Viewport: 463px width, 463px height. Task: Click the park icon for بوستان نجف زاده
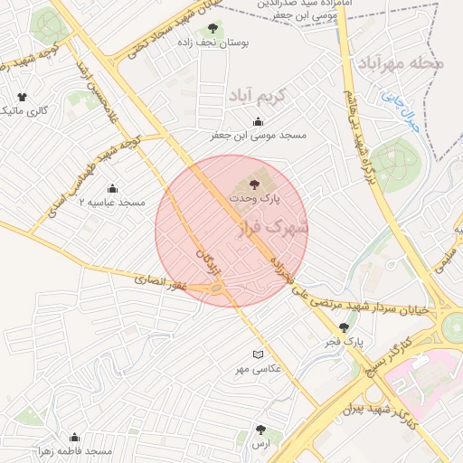[213, 28]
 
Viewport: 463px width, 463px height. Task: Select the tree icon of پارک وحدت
[266, 184]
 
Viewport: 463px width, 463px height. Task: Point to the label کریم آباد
[256, 94]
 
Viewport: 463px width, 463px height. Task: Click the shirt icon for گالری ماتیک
[23, 97]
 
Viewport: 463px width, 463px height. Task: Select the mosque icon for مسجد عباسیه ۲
[112, 188]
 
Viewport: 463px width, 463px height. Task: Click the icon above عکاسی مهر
[259, 354]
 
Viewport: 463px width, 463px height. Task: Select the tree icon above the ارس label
[261, 430]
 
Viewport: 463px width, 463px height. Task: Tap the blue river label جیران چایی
[401, 111]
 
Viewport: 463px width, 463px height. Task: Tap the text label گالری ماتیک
[24, 110]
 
